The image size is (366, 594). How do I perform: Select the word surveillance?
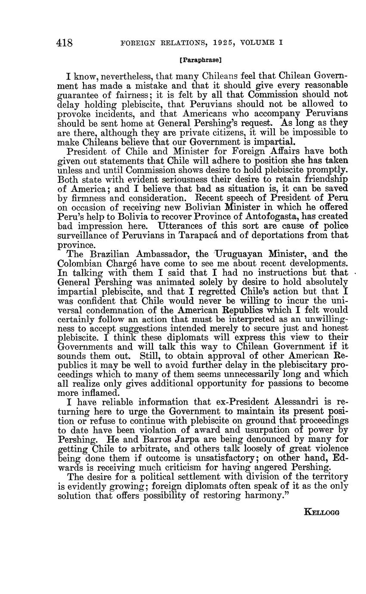pyautogui.click(x=85, y=236)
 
